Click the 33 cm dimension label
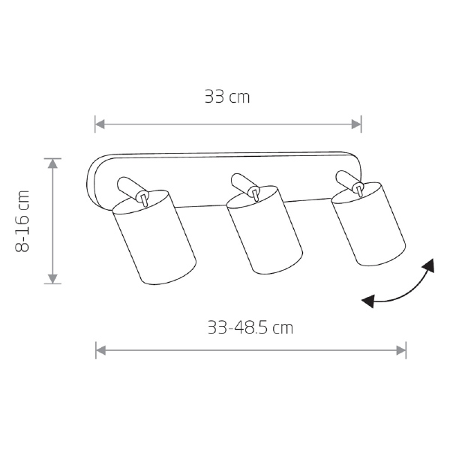pyautogui.click(x=227, y=97)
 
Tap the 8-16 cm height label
pyautogui.click(x=22, y=221)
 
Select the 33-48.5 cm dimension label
pyautogui.click(x=250, y=328)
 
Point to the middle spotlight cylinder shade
pyautogui.click(x=264, y=230)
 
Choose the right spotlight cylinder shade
pyautogui.click(x=368, y=223)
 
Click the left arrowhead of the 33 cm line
pyautogui.click(x=100, y=124)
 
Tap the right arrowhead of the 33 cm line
pyautogui.click(x=356, y=124)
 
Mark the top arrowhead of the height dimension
pyautogui.click(x=52, y=163)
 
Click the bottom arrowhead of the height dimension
pyautogui.click(x=52, y=279)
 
